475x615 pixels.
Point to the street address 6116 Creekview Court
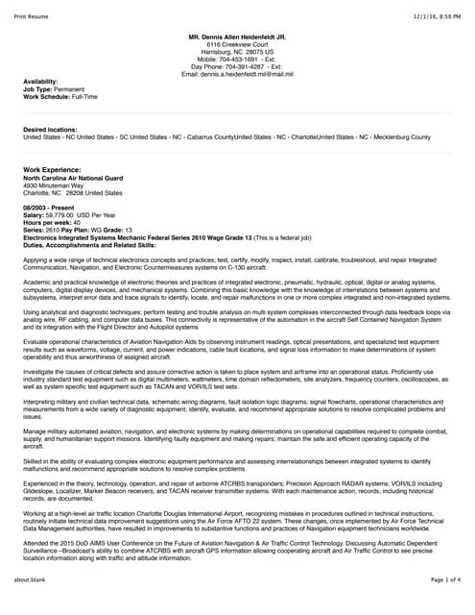239,44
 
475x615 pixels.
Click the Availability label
40,82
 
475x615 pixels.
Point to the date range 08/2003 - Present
48,208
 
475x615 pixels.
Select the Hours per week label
46,222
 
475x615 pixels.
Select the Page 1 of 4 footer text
440,605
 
